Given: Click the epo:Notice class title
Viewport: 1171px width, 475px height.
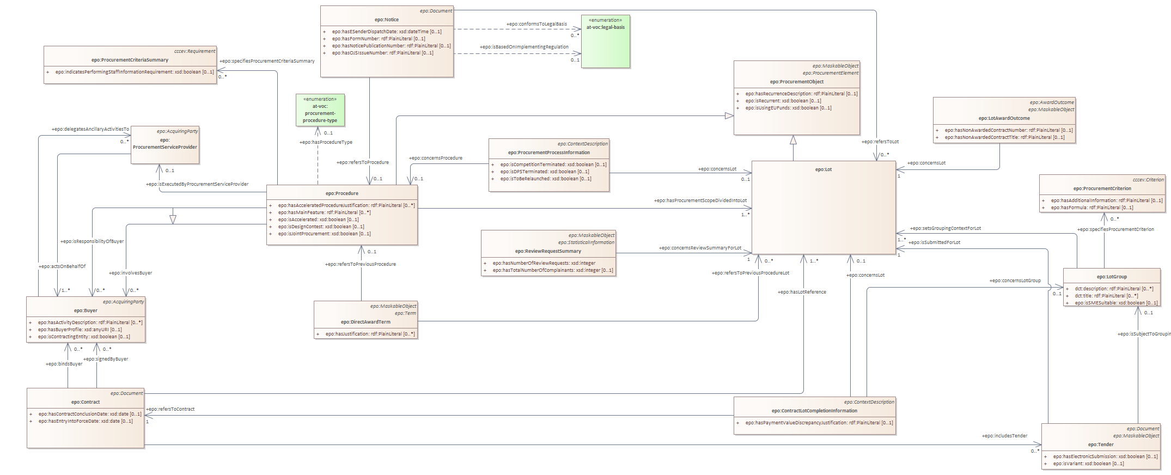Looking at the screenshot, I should pyautogui.click(x=386, y=20).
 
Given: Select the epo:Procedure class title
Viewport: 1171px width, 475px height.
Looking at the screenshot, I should pyautogui.click(x=341, y=193).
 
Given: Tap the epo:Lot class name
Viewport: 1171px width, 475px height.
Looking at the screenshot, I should pyautogui.click(x=823, y=169).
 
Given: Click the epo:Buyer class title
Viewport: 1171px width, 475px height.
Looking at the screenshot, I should pyautogui.click(x=86, y=310).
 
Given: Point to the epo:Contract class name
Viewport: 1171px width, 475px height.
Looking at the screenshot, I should pyautogui.click(x=86, y=402).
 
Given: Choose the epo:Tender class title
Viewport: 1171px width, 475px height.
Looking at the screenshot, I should pyautogui.click(x=1100, y=444).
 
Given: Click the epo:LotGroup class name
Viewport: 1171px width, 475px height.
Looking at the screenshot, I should pyautogui.click(x=1112, y=277).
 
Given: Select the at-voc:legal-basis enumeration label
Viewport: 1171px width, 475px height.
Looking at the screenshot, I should pyautogui.click(x=605, y=27).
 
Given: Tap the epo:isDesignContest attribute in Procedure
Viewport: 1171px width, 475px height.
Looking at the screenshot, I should pyautogui.click(x=321, y=227).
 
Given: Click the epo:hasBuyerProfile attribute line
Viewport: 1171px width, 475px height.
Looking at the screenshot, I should pyautogui.click(x=80, y=330).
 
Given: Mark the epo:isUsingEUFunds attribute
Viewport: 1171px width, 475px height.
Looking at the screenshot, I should pyautogui.click(x=788, y=108).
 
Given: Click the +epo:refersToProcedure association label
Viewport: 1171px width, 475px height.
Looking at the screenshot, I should pyautogui.click(x=362, y=162).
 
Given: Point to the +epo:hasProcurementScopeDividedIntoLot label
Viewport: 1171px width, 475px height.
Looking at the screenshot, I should pyautogui.click(x=700, y=200).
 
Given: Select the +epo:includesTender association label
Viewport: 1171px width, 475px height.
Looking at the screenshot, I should pyautogui.click(x=1004, y=436).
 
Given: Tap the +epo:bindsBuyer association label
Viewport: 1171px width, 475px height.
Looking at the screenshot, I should pyautogui.click(x=64, y=364).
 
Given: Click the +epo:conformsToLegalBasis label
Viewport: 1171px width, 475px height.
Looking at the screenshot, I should pyautogui.click(x=536, y=24).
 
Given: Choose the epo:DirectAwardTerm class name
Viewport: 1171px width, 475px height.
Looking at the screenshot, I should pyautogui.click(x=365, y=322).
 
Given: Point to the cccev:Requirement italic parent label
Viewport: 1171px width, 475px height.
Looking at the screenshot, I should pyautogui.click(x=194, y=51).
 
